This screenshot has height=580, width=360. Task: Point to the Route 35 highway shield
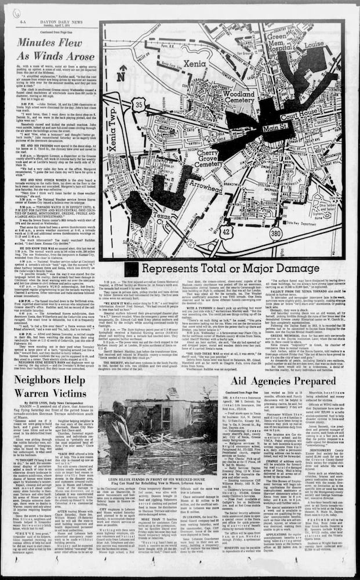click(139, 105)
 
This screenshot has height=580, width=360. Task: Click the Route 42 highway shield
click(227, 231)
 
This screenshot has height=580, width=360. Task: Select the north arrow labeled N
click(120, 74)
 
